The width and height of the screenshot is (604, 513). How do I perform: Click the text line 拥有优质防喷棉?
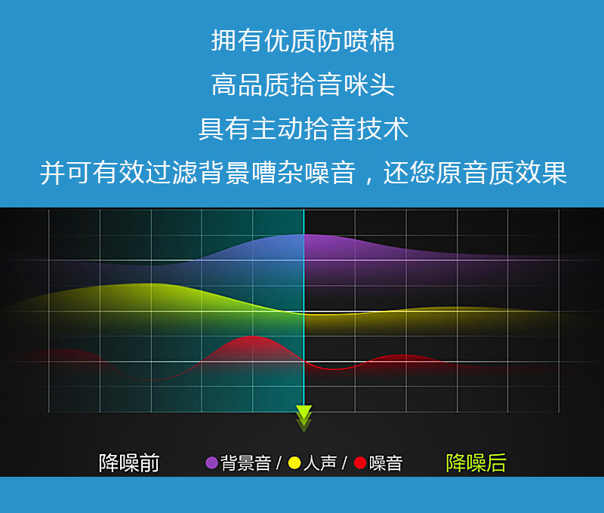point(302,41)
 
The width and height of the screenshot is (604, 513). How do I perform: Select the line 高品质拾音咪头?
point(302,84)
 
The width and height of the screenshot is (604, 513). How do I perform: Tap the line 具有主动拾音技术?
point(302,128)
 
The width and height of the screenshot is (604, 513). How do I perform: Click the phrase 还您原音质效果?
point(475,173)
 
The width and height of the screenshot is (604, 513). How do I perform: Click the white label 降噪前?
point(129,462)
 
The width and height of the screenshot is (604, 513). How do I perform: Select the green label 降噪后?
point(476,462)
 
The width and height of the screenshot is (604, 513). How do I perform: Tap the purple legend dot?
point(211,462)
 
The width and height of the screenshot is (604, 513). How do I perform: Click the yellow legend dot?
point(294,462)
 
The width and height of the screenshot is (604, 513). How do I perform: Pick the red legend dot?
point(360,462)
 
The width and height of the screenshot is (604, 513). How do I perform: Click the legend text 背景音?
point(245,462)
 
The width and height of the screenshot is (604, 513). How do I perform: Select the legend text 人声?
point(319,462)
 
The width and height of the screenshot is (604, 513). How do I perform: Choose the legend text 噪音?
point(386,462)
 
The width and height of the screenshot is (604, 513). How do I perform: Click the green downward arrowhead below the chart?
point(304,413)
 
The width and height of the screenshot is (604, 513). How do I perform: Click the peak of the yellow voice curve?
point(151,285)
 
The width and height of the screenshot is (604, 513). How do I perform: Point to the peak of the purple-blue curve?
point(302,235)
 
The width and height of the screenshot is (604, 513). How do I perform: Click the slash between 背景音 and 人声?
point(278,462)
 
